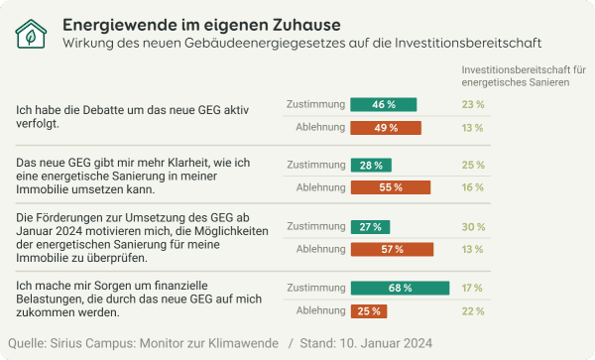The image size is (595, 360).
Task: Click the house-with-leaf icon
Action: tap(31, 34)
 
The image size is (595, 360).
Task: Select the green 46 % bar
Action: tap(384, 104)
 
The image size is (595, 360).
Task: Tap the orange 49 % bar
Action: tap(386, 128)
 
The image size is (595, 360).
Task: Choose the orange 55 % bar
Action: tap(391, 187)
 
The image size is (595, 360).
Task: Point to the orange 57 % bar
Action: tap(392, 249)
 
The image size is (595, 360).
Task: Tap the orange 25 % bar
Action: tap(369, 311)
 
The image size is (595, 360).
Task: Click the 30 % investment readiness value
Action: tap(473, 226)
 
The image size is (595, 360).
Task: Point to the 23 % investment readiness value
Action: tap(473, 104)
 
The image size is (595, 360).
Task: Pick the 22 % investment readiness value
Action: tap(473, 311)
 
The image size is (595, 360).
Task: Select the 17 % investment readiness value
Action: tap(473, 289)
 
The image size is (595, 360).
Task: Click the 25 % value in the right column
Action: tap(473, 165)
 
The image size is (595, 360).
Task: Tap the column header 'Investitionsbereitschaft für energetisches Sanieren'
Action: tap(524, 76)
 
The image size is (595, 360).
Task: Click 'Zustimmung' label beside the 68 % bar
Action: tap(313, 289)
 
